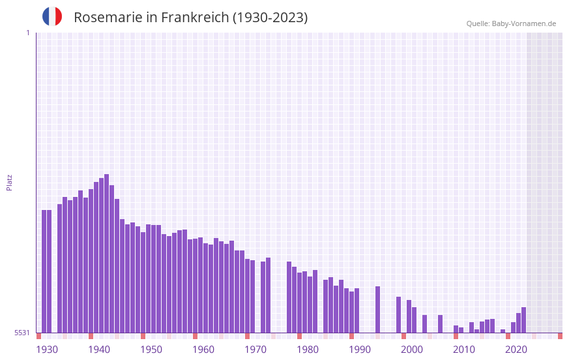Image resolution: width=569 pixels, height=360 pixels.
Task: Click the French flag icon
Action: coord(52,17)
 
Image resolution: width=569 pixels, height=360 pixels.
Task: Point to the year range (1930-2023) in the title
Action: coord(270,18)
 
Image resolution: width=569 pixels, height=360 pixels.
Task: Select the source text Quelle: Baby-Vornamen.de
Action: coord(511,23)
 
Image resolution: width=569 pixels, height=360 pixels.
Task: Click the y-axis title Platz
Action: coord(9,182)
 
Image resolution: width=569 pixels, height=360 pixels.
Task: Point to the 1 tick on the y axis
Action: coord(27,33)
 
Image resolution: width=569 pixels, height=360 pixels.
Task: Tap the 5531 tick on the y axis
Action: coord(23,333)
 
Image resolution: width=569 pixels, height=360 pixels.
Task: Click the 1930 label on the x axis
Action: coord(47,350)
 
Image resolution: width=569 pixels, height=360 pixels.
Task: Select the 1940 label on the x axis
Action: coord(99,350)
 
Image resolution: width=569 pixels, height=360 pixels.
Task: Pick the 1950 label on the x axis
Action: coord(151,350)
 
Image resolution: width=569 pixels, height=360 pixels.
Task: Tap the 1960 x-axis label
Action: coord(203,350)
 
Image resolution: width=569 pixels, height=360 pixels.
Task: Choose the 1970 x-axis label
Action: coord(255,350)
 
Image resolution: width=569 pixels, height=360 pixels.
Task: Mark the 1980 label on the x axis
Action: coord(308,350)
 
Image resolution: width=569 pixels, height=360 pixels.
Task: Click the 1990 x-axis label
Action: coord(360,350)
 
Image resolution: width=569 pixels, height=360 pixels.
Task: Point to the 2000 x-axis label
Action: coord(412,350)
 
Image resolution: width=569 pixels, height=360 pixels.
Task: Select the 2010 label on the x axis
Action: coord(464,350)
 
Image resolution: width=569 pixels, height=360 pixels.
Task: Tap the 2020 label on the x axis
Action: coord(516,350)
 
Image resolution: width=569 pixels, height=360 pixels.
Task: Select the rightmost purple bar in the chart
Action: coord(523,320)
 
